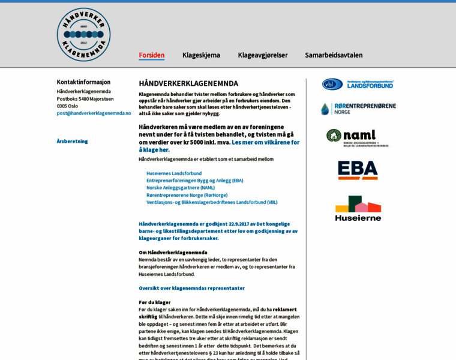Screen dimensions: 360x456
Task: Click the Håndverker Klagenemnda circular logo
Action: [x=83, y=35]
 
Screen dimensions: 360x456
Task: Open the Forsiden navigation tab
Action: [x=152, y=55]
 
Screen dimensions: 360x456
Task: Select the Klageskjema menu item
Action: [x=201, y=55]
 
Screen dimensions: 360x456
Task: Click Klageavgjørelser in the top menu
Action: [x=263, y=55]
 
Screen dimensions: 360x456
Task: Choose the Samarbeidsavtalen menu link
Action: [x=334, y=55]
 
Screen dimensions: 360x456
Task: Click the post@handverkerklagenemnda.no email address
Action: [x=94, y=113]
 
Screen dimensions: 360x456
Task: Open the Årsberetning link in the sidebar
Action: [x=73, y=141]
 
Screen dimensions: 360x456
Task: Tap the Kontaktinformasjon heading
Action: [x=83, y=82]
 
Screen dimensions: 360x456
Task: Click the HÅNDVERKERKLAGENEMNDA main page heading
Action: [x=188, y=83]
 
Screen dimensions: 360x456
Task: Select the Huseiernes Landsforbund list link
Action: [x=174, y=173]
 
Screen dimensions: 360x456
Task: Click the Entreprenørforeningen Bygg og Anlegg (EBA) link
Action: [x=195, y=181]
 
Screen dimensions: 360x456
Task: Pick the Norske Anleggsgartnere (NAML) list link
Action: [x=181, y=188]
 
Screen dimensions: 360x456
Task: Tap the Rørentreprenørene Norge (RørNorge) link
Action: [x=187, y=195]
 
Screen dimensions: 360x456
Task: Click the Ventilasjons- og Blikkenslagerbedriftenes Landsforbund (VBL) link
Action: [x=212, y=202]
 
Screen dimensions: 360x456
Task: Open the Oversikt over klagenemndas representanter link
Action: [x=192, y=288]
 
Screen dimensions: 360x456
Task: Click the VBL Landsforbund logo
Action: [x=358, y=84]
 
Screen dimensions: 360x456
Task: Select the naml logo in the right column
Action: [x=358, y=138]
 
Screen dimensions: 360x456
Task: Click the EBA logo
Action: [x=358, y=170]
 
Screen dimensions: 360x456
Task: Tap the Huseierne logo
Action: [x=358, y=208]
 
